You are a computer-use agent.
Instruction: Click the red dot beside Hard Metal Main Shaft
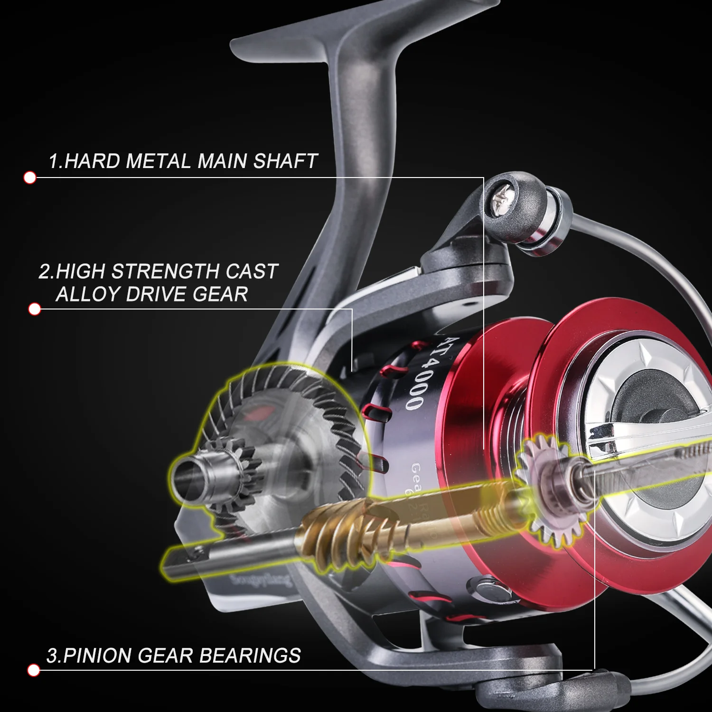coord(30,178)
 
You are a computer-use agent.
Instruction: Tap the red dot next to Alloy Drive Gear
coord(34,309)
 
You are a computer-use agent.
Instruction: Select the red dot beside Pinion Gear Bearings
coord(33,670)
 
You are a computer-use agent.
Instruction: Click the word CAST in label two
coord(252,272)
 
